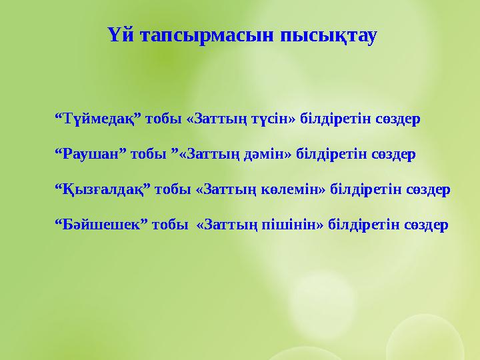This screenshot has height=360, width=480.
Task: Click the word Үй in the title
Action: coord(117,35)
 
